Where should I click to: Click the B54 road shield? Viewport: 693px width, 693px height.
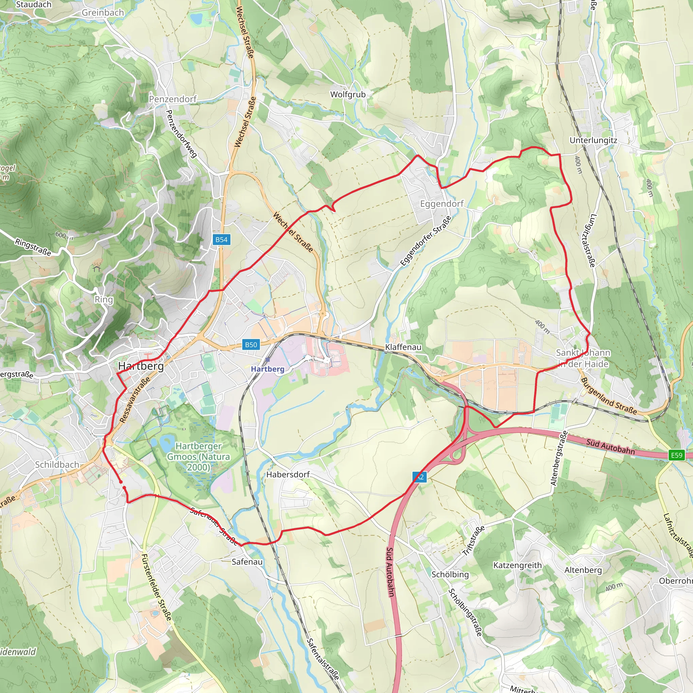[x=221, y=240]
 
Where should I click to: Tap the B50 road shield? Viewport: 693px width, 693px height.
[x=251, y=345]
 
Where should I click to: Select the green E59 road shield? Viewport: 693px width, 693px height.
[x=676, y=455]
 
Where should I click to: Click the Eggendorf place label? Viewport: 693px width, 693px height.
[x=442, y=204]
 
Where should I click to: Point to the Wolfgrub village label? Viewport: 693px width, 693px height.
[x=348, y=94]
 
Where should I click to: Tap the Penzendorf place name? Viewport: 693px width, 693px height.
[x=173, y=99]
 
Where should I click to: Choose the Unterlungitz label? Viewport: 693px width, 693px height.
[x=593, y=140]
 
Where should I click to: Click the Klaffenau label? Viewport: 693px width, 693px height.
[x=403, y=347]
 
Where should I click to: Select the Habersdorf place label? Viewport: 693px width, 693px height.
[x=288, y=474]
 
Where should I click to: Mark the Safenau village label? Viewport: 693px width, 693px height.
[x=247, y=562]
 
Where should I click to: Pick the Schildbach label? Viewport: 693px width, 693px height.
[x=57, y=465]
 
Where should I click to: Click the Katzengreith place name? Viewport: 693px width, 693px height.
[x=517, y=565]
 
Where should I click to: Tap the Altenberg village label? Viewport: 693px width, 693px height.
[x=583, y=570]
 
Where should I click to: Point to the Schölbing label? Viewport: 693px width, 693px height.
[x=450, y=574]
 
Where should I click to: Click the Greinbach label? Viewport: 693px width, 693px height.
[x=103, y=13]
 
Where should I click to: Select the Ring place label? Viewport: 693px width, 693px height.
[x=104, y=299]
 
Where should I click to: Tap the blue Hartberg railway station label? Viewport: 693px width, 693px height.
[x=268, y=369]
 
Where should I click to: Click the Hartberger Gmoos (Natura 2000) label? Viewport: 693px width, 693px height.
[x=198, y=456]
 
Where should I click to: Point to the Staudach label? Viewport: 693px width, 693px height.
[x=34, y=4]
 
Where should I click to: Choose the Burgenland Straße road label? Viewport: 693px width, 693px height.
[x=609, y=396]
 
